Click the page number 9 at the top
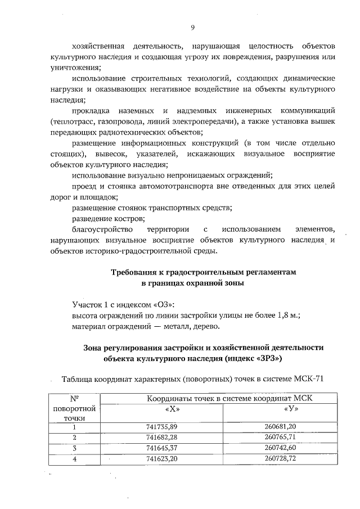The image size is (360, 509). [x=192, y=26]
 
